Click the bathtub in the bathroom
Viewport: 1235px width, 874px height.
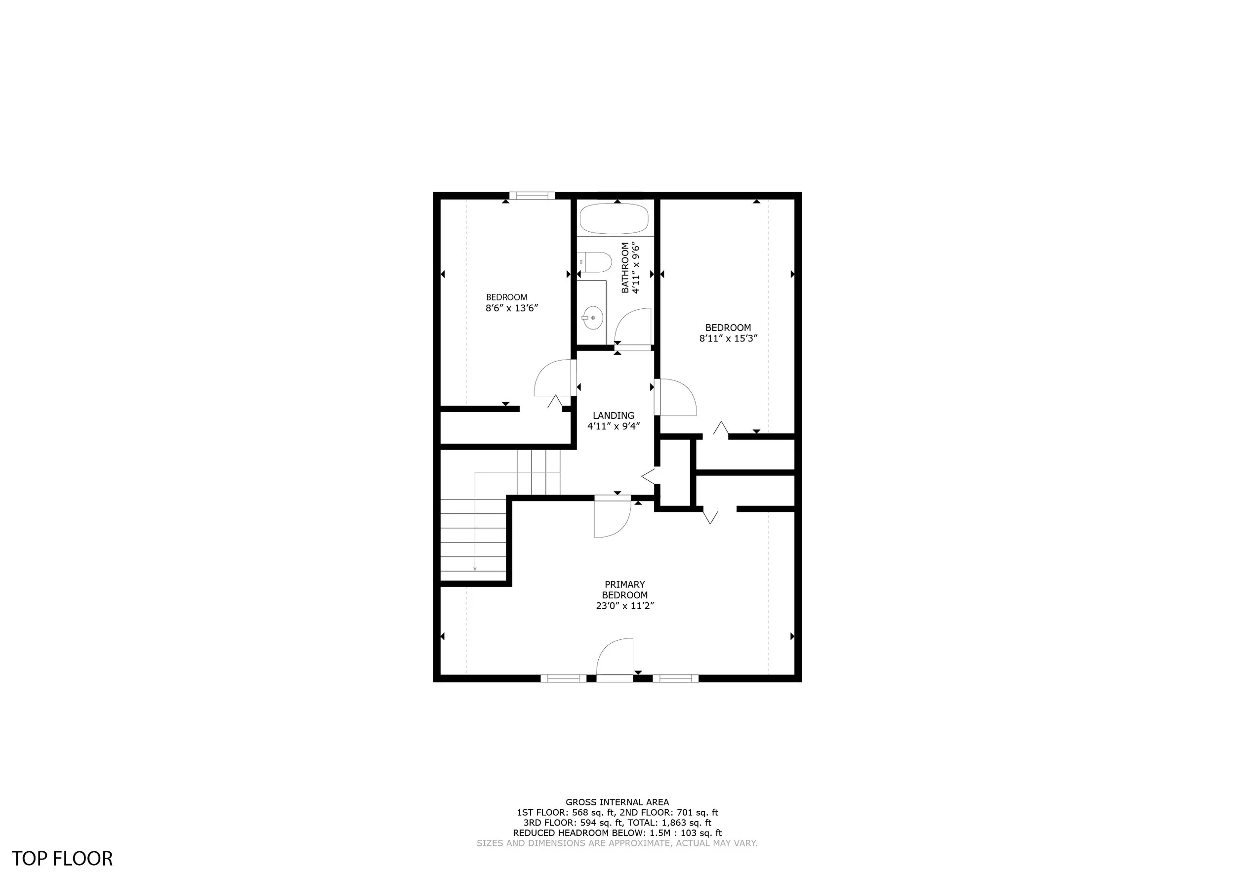[x=614, y=218]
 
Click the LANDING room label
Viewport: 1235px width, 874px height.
[x=614, y=416]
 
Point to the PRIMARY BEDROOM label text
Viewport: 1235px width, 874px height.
[x=624, y=590]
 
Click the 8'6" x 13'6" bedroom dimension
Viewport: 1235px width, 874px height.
[x=512, y=308]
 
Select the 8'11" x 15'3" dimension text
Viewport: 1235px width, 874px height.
[x=728, y=338]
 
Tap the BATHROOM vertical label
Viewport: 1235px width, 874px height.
[x=625, y=267]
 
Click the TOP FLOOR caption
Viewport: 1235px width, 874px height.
[x=62, y=858]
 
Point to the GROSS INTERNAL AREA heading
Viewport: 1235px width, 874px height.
[x=617, y=802]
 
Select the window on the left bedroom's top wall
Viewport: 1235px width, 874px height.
[x=532, y=196]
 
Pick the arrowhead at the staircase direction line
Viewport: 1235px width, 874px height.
[x=475, y=569]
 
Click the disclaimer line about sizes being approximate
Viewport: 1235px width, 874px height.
[x=617, y=843]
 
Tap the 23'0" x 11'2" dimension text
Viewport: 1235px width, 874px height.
[x=624, y=605]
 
